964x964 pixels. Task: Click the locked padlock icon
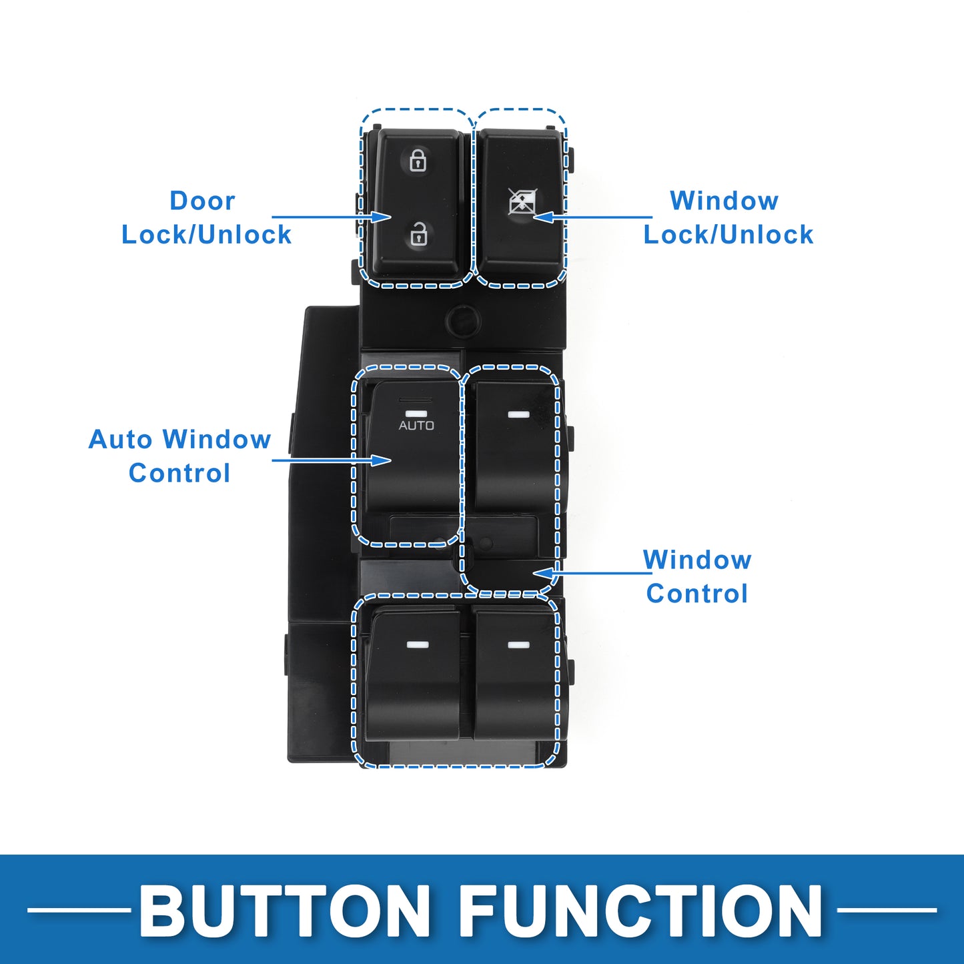[418, 160]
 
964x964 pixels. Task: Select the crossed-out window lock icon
[523, 202]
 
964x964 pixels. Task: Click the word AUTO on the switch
[416, 426]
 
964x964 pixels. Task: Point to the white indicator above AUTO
[416, 414]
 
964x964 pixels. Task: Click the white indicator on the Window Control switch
[518, 414]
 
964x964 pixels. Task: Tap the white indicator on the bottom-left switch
[418, 644]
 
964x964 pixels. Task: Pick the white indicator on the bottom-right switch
[518, 644]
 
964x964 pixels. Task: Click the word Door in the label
[202, 201]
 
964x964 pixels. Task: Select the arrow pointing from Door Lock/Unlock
[331, 217]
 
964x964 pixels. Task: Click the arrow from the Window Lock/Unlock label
[593, 217]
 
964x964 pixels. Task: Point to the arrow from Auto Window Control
[332, 459]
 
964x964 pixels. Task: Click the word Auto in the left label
[120, 440]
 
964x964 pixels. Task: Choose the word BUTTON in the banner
[284, 911]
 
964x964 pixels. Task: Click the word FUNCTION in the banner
[641, 911]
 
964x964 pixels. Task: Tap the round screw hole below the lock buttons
[463, 320]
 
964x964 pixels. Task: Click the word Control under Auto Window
[179, 473]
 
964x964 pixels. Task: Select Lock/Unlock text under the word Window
[729, 235]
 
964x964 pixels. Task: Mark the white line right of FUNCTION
[887, 911]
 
